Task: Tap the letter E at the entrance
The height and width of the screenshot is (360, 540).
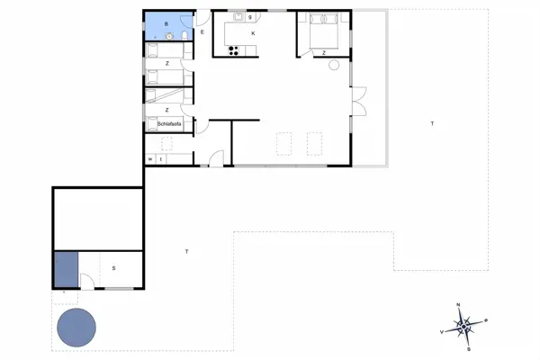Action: (x=202, y=31)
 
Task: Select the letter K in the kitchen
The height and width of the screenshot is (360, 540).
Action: (x=253, y=33)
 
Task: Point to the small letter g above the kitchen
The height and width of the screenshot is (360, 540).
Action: (x=249, y=16)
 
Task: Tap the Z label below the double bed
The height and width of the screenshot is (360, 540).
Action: (x=324, y=54)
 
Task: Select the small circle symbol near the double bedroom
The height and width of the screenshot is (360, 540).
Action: (x=334, y=64)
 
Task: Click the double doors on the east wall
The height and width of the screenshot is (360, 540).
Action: (x=359, y=101)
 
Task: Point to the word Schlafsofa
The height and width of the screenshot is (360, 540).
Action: (x=169, y=123)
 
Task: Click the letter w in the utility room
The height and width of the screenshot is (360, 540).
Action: (x=150, y=159)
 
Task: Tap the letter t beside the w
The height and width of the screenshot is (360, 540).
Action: (x=160, y=159)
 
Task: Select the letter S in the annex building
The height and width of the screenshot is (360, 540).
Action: (x=113, y=267)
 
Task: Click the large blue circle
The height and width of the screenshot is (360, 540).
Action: (x=77, y=328)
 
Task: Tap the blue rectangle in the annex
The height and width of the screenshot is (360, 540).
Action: (x=66, y=270)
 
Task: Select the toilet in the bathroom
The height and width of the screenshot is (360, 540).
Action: (x=183, y=35)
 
